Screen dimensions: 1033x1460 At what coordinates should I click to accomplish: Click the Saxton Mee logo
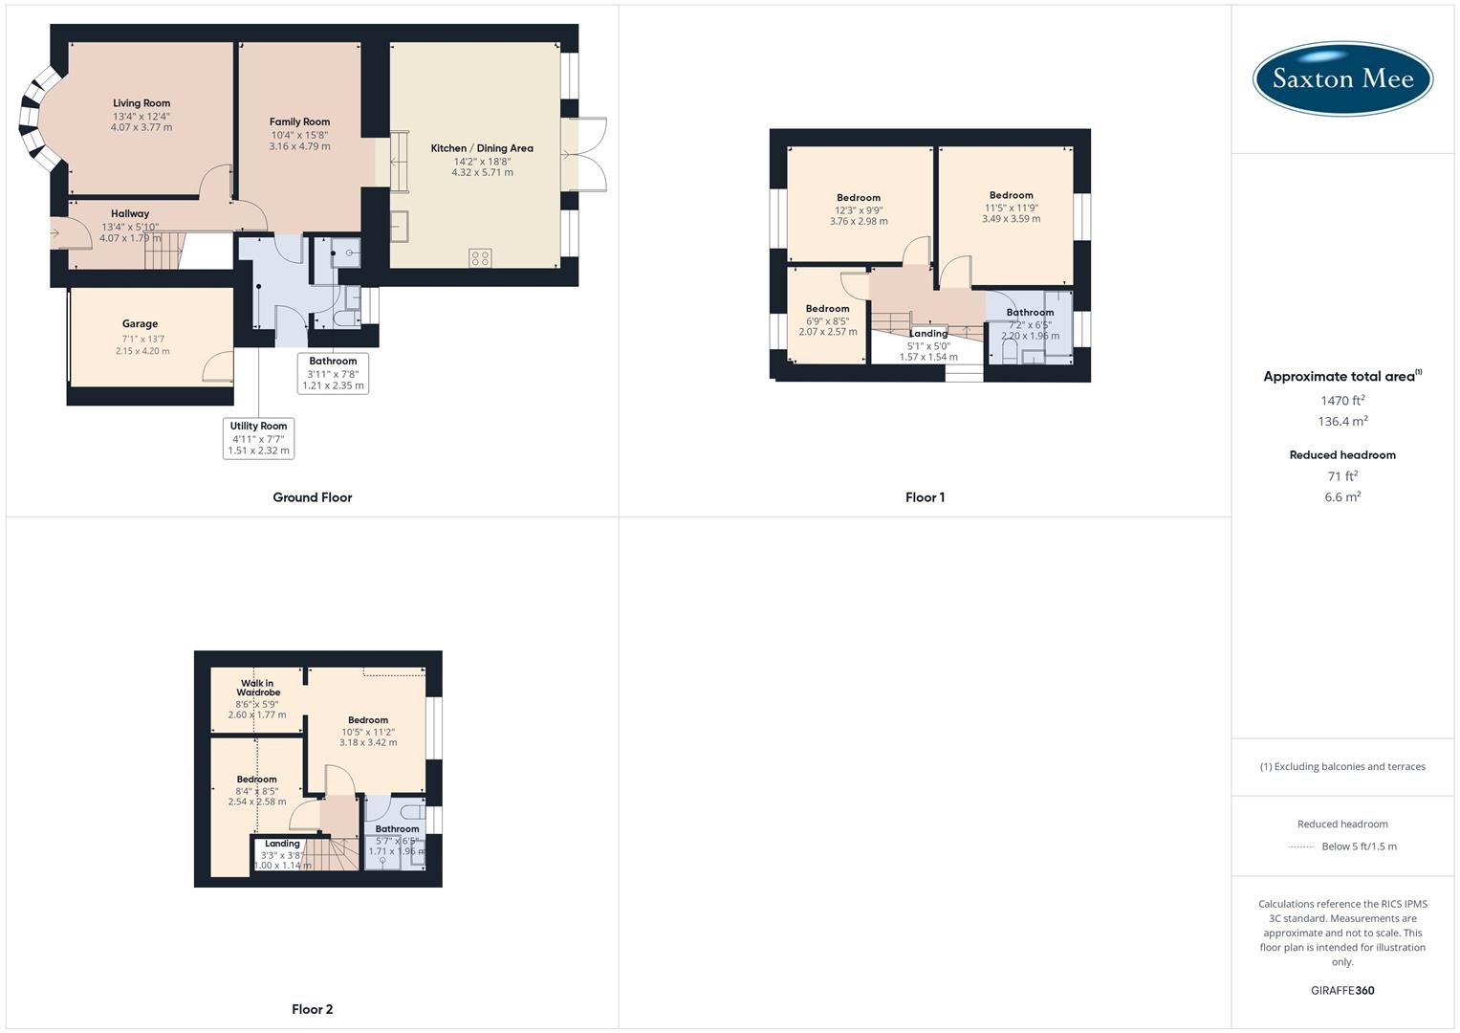tap(1342, 78)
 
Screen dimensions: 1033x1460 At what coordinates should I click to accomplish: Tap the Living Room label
tap(142, 103)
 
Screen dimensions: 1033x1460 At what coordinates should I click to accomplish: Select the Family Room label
tap(299, 121)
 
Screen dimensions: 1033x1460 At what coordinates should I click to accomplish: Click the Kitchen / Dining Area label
tap(482, 148)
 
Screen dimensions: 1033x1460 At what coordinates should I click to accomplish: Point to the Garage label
tap(140, 324)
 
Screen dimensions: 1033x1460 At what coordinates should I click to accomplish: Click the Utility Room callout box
tap(258, 438)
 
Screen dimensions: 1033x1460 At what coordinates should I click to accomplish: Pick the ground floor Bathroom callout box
tap(333, 373)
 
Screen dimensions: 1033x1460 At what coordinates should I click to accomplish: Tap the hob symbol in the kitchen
tap(480, 257)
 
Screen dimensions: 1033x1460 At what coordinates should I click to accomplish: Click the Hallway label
tap(130, 214)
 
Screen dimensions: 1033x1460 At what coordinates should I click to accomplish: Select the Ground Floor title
tap(313, 497)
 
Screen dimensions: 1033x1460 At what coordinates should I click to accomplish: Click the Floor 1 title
tap(925, 497)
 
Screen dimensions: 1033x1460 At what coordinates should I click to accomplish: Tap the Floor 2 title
tap(313, 1009)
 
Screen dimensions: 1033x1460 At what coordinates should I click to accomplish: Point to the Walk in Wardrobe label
tap(257, 688)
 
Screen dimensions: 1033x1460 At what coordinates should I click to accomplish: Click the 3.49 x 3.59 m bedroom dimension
tap(1012, 219)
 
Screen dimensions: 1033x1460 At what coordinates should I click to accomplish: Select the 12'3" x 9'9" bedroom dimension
tap(859, 210)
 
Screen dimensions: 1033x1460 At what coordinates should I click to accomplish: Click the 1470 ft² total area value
tap(1342, 401)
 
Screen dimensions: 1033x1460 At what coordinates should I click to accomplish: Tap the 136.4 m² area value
tap(1342, 422)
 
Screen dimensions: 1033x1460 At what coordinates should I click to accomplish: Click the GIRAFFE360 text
tap(1342, 991)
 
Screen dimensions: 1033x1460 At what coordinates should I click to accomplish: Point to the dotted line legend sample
tap(1301, 846)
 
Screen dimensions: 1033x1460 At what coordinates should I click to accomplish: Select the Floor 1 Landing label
tap(928, 334)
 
